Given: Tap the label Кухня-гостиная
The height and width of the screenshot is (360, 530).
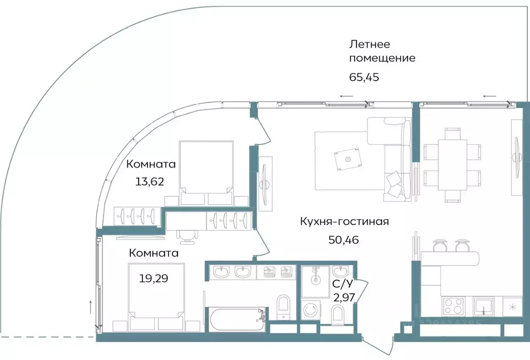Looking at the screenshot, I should click(x=344, y=221).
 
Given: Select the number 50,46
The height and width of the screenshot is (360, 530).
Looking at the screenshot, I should click(x=344, y=239).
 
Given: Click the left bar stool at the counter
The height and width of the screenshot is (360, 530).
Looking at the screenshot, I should click(x=439, y=244).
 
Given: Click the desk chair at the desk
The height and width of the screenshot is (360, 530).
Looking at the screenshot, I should click(x=188, y=236).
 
